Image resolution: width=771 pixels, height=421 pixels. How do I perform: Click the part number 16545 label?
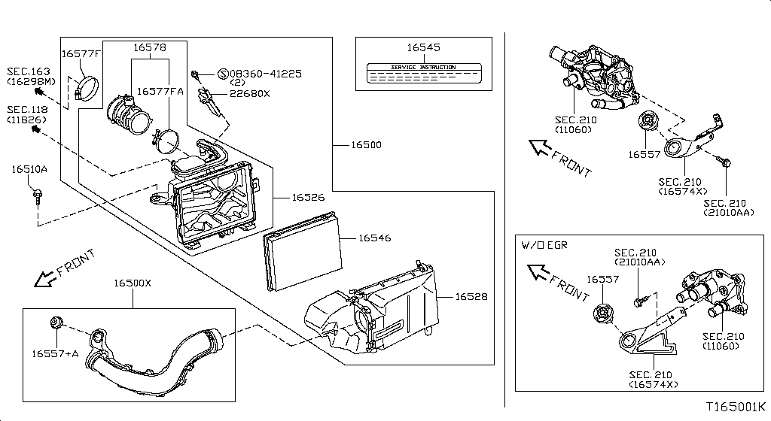423,47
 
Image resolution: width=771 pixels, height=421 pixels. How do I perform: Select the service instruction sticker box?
423,73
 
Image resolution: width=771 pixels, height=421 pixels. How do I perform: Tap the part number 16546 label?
374,238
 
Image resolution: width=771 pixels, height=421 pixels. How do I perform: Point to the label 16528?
471,297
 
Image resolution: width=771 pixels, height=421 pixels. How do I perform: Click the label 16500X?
133,283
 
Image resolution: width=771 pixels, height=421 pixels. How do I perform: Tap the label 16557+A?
53,353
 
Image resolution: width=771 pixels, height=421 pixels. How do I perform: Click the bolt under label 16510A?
37,197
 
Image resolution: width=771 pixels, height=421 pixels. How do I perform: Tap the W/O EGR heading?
544,245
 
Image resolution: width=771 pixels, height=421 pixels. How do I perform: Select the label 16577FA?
160,91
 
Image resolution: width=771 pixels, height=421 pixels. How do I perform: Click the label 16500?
365,144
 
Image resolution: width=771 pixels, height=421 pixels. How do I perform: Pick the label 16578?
150,47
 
